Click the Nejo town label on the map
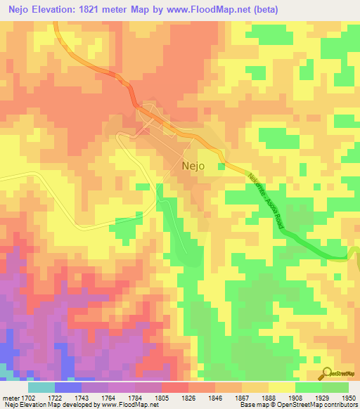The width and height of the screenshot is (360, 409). pos(193,167)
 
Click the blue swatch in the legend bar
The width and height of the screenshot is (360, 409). pos(67,387)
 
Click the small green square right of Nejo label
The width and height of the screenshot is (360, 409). pos(221,167)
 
